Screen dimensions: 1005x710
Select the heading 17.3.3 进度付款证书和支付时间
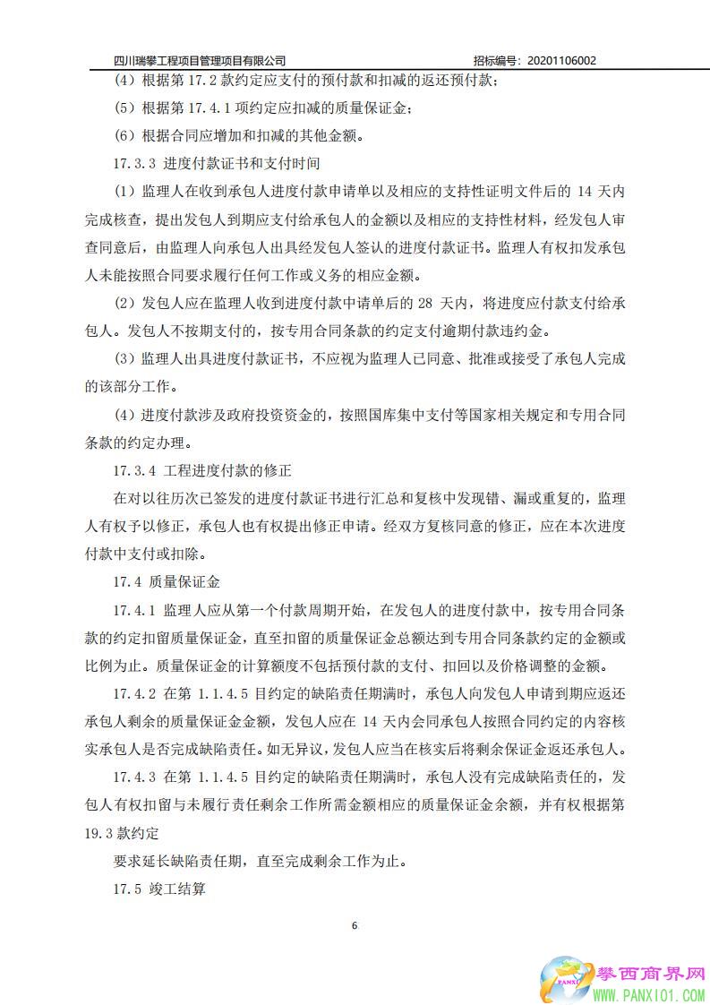[x=217, y=164]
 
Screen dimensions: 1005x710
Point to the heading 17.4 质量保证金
[x=167, y=581]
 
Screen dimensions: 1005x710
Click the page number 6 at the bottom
[x=355, y=924]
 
